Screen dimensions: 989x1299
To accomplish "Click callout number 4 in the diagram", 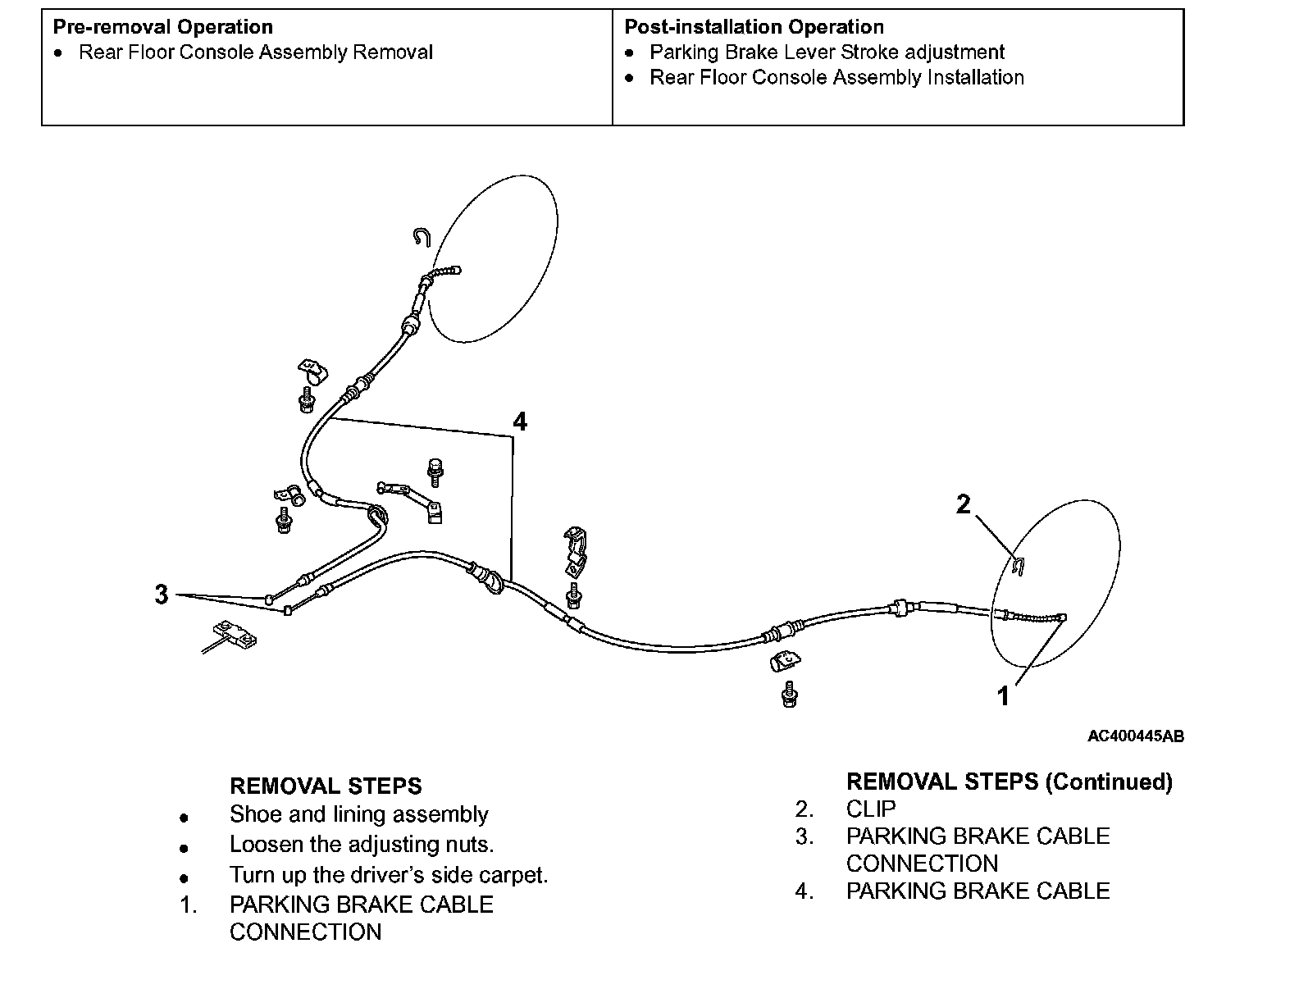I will [520, 422].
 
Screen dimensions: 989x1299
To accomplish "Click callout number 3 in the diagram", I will [162, 594].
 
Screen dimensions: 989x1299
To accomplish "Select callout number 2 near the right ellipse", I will [964, 504].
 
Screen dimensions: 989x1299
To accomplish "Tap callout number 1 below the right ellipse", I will [1003, 696].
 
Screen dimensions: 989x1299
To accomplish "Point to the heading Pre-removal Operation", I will [162, 27].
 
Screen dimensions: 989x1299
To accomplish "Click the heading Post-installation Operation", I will [754, 27].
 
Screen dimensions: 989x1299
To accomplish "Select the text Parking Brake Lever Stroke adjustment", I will [827, 52].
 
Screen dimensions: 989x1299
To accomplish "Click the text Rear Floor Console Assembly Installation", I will [836, 78].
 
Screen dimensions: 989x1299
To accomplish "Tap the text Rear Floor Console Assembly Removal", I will [255, 52].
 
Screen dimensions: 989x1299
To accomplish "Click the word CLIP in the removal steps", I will [871, 809].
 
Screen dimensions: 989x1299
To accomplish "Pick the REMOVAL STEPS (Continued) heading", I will [1009, 782].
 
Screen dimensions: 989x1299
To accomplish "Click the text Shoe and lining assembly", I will [358, 814].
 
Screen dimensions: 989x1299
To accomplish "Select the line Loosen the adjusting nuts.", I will [362, 844].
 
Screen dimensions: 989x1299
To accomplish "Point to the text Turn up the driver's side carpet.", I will [388, 875].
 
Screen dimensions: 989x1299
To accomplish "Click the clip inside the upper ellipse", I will [422, 237].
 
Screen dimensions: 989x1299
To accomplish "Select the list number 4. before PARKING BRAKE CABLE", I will [804, 891].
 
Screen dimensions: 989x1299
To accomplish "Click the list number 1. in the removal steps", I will [189, 905].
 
